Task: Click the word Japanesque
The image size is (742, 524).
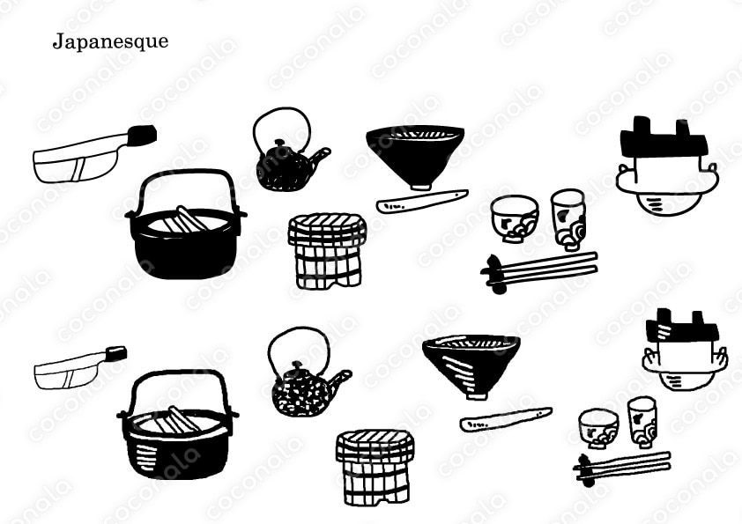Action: (110, 41)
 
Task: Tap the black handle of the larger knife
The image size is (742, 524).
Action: (141, 135)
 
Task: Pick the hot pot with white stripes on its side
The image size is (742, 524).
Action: (177, 424)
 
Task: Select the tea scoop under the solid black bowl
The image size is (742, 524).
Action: (422, 201)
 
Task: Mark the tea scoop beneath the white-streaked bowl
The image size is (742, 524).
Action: (506, 419)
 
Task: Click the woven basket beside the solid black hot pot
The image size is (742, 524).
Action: (327, 251)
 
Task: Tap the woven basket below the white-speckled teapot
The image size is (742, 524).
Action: (375, 468)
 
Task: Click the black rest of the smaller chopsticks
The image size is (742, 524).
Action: (585, 471)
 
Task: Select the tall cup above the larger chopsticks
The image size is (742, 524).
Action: (568, 219)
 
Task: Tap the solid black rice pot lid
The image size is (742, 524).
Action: (664, 138)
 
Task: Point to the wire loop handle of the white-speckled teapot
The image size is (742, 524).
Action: (299, 329)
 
